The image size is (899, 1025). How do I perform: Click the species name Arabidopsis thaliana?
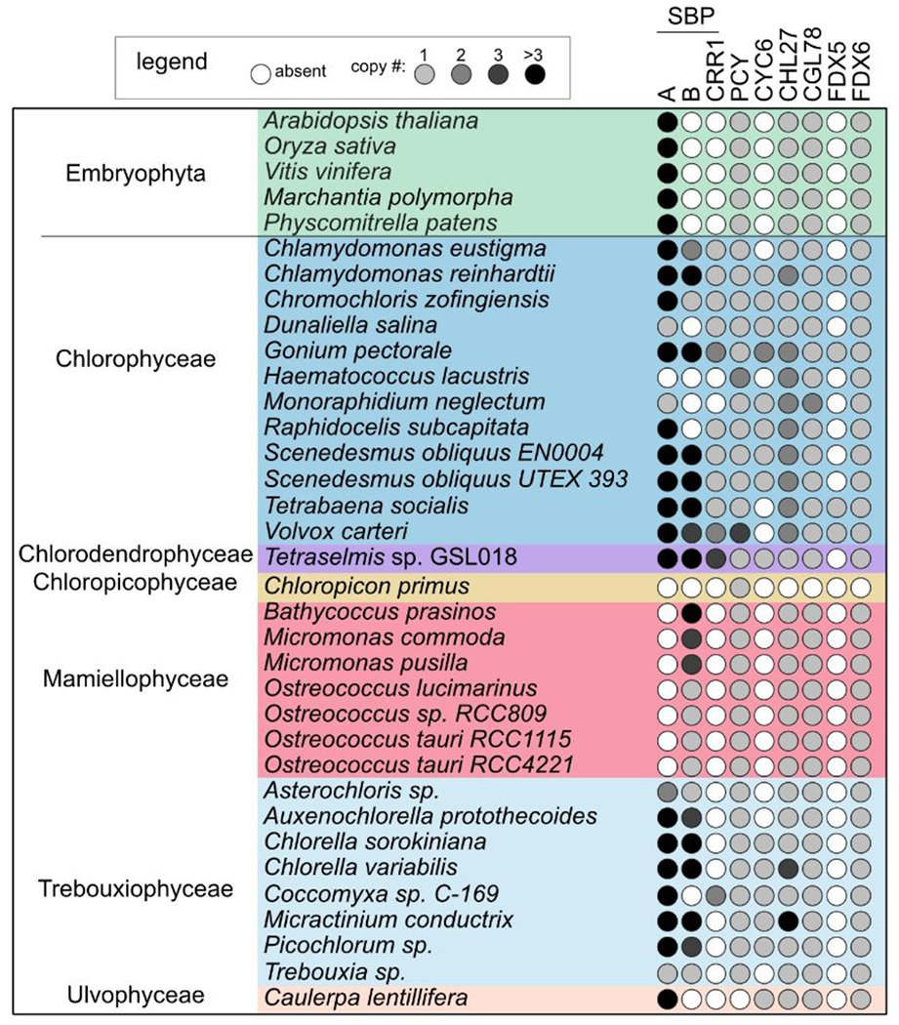(x=370, y=121)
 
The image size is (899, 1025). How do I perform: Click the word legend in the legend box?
(x=174, y=62)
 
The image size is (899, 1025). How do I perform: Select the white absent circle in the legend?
(x=260, y=75)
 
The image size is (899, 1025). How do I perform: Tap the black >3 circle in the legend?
(x=536, y=75)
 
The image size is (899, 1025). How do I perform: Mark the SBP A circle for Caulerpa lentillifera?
(x=668, y=998)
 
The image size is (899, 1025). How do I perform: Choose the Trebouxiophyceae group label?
(x=136, y=889)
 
